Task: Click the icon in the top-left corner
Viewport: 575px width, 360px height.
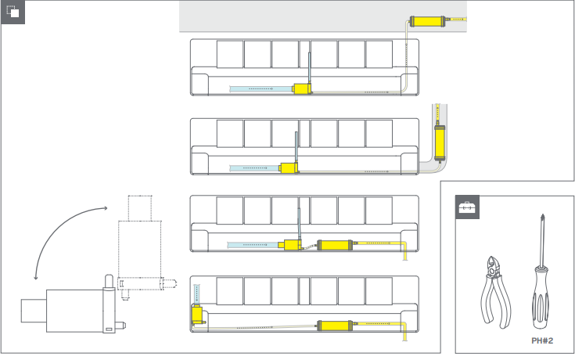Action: (13, 13)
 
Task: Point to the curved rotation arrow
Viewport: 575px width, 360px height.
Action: (59, 235)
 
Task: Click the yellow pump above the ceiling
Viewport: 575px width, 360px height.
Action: (428, 21)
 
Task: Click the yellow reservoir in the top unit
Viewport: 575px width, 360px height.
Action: (301, 89)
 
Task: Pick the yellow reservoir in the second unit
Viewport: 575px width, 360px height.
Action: (289, 167)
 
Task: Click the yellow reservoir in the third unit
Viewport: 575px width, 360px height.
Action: (293, 244)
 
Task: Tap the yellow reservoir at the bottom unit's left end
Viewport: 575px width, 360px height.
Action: (198, 315)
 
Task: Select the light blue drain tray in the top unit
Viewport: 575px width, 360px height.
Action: (258, 89)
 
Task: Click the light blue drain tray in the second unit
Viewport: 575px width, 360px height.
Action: (253, 167)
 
